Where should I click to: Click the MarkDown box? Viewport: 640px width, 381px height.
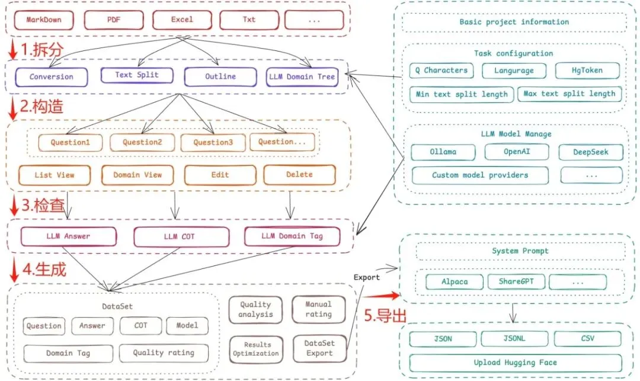(x=43, y=20)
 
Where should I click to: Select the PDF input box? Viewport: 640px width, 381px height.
(x=113, y=20)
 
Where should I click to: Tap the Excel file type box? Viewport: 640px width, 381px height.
(x=182, y=20)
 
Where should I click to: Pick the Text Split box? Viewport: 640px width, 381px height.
(x=137, y=75)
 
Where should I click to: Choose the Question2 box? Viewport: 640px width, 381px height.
(x=142, y=142)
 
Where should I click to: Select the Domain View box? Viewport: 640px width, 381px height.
(x=137, y=175)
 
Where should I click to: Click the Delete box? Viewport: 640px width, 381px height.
(x=299, y=175)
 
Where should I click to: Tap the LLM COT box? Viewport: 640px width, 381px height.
(x=179, y=236)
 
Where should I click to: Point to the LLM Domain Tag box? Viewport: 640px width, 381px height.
(x=292, y=236)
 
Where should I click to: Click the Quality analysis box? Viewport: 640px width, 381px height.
(x=255, y=309)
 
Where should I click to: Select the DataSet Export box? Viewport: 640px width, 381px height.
(x=319, y=348)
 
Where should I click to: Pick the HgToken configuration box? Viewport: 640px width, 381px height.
(x=587, y=71)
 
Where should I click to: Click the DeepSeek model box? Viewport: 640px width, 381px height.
(x=591, y=152)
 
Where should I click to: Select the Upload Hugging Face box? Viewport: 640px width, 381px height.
(x=515, y=363)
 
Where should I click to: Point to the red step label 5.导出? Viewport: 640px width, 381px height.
(x=385, y=315)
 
